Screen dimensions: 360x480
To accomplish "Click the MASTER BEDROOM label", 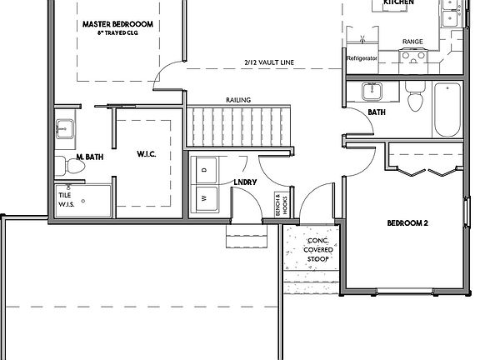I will point(117,24).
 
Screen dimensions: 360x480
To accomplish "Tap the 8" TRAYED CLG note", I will point(117,33).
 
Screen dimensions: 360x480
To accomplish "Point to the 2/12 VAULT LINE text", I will point(269,62).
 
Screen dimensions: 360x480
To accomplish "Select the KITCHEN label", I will point(398,3).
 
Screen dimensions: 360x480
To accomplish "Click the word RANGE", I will point(412,41).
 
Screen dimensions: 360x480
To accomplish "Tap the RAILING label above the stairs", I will point(238,100).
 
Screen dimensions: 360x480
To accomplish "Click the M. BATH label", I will point(89,157).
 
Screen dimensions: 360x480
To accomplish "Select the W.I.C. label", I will point(147,155).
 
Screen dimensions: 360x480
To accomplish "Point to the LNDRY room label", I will point(245,182).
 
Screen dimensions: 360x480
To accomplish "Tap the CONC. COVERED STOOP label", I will point(317,242).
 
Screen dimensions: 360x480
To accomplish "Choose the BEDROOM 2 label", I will point(407,223).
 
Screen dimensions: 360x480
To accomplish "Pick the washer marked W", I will point(205,199).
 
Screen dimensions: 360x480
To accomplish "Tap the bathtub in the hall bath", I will point(446,112).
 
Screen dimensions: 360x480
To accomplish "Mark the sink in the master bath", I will point(64,130).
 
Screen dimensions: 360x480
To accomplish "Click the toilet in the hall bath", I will point(414,98).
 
